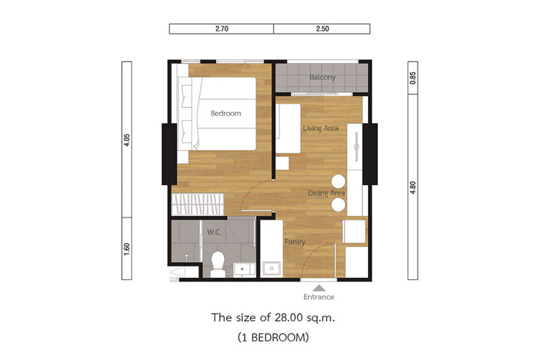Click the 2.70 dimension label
click(x=222, y=29)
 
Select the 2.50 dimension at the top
click(x=323, y=29)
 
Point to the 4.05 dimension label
click(x=127, y=140)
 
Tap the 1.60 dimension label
click(x=127, y=248)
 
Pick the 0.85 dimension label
click(x=413, y=78)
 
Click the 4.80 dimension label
click(x=413, y=187)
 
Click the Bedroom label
click(x=226, y=113)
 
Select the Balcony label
click(x=323, y=77)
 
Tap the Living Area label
click(x=320, y=128)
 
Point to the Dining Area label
click(x=326, y=193)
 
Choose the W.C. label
click(x=215, y=232)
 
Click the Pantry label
click(x=294, y=241)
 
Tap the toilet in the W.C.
click(x=217, y=264)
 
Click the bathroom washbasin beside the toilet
click(x=245, y=270)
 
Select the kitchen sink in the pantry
click(x=271, y=269)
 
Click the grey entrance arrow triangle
click(x=319, y=288)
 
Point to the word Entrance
click(x=318, y=297)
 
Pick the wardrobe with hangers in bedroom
click(x=198, y=204)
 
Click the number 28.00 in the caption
click(x=287, y=318)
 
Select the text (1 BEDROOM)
click(x=273, y=337)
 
